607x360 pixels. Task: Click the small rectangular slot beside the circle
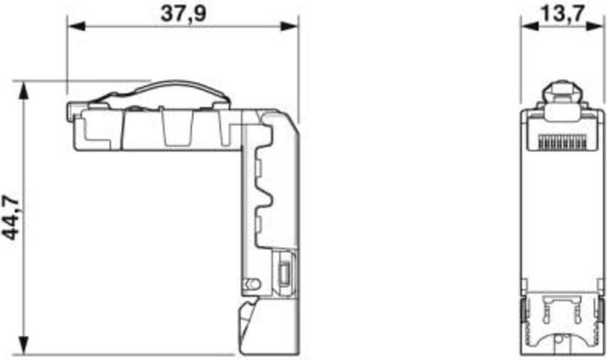(283, 275)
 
